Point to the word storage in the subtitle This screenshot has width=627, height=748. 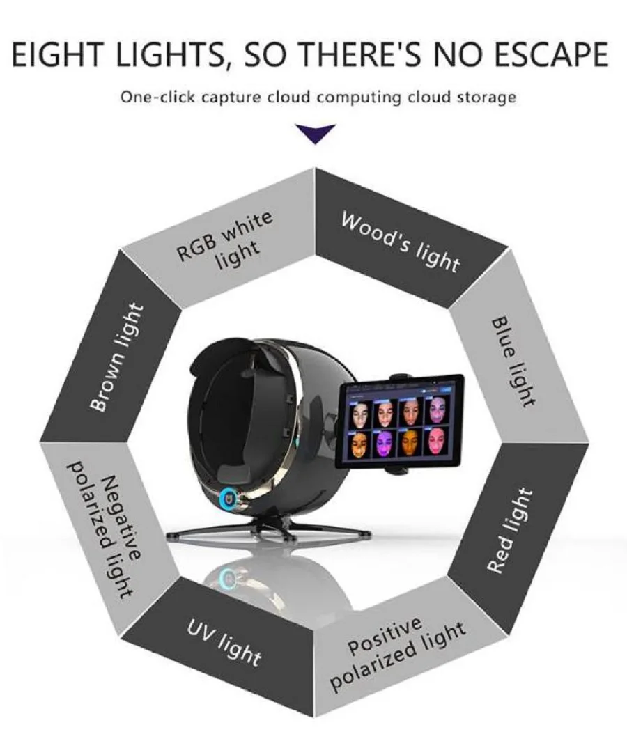click(488, 97)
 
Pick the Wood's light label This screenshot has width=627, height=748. click(401, 241)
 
